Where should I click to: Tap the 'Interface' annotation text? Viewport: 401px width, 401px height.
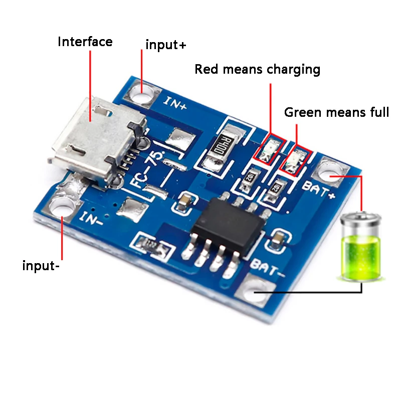[85, 42]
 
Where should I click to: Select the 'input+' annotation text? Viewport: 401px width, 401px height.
[166, 45]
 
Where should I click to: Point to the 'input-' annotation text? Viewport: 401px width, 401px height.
[41, 265]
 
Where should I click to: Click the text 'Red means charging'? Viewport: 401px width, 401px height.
[258, 69]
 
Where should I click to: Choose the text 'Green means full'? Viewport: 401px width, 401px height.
[336, 112]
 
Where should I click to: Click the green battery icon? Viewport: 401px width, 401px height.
[361, 246]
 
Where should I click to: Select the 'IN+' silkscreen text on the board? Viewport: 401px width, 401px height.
[176, 103]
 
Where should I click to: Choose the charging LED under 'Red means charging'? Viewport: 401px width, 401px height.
[269, 148]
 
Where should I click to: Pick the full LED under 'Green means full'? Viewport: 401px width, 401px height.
[295, 160]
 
